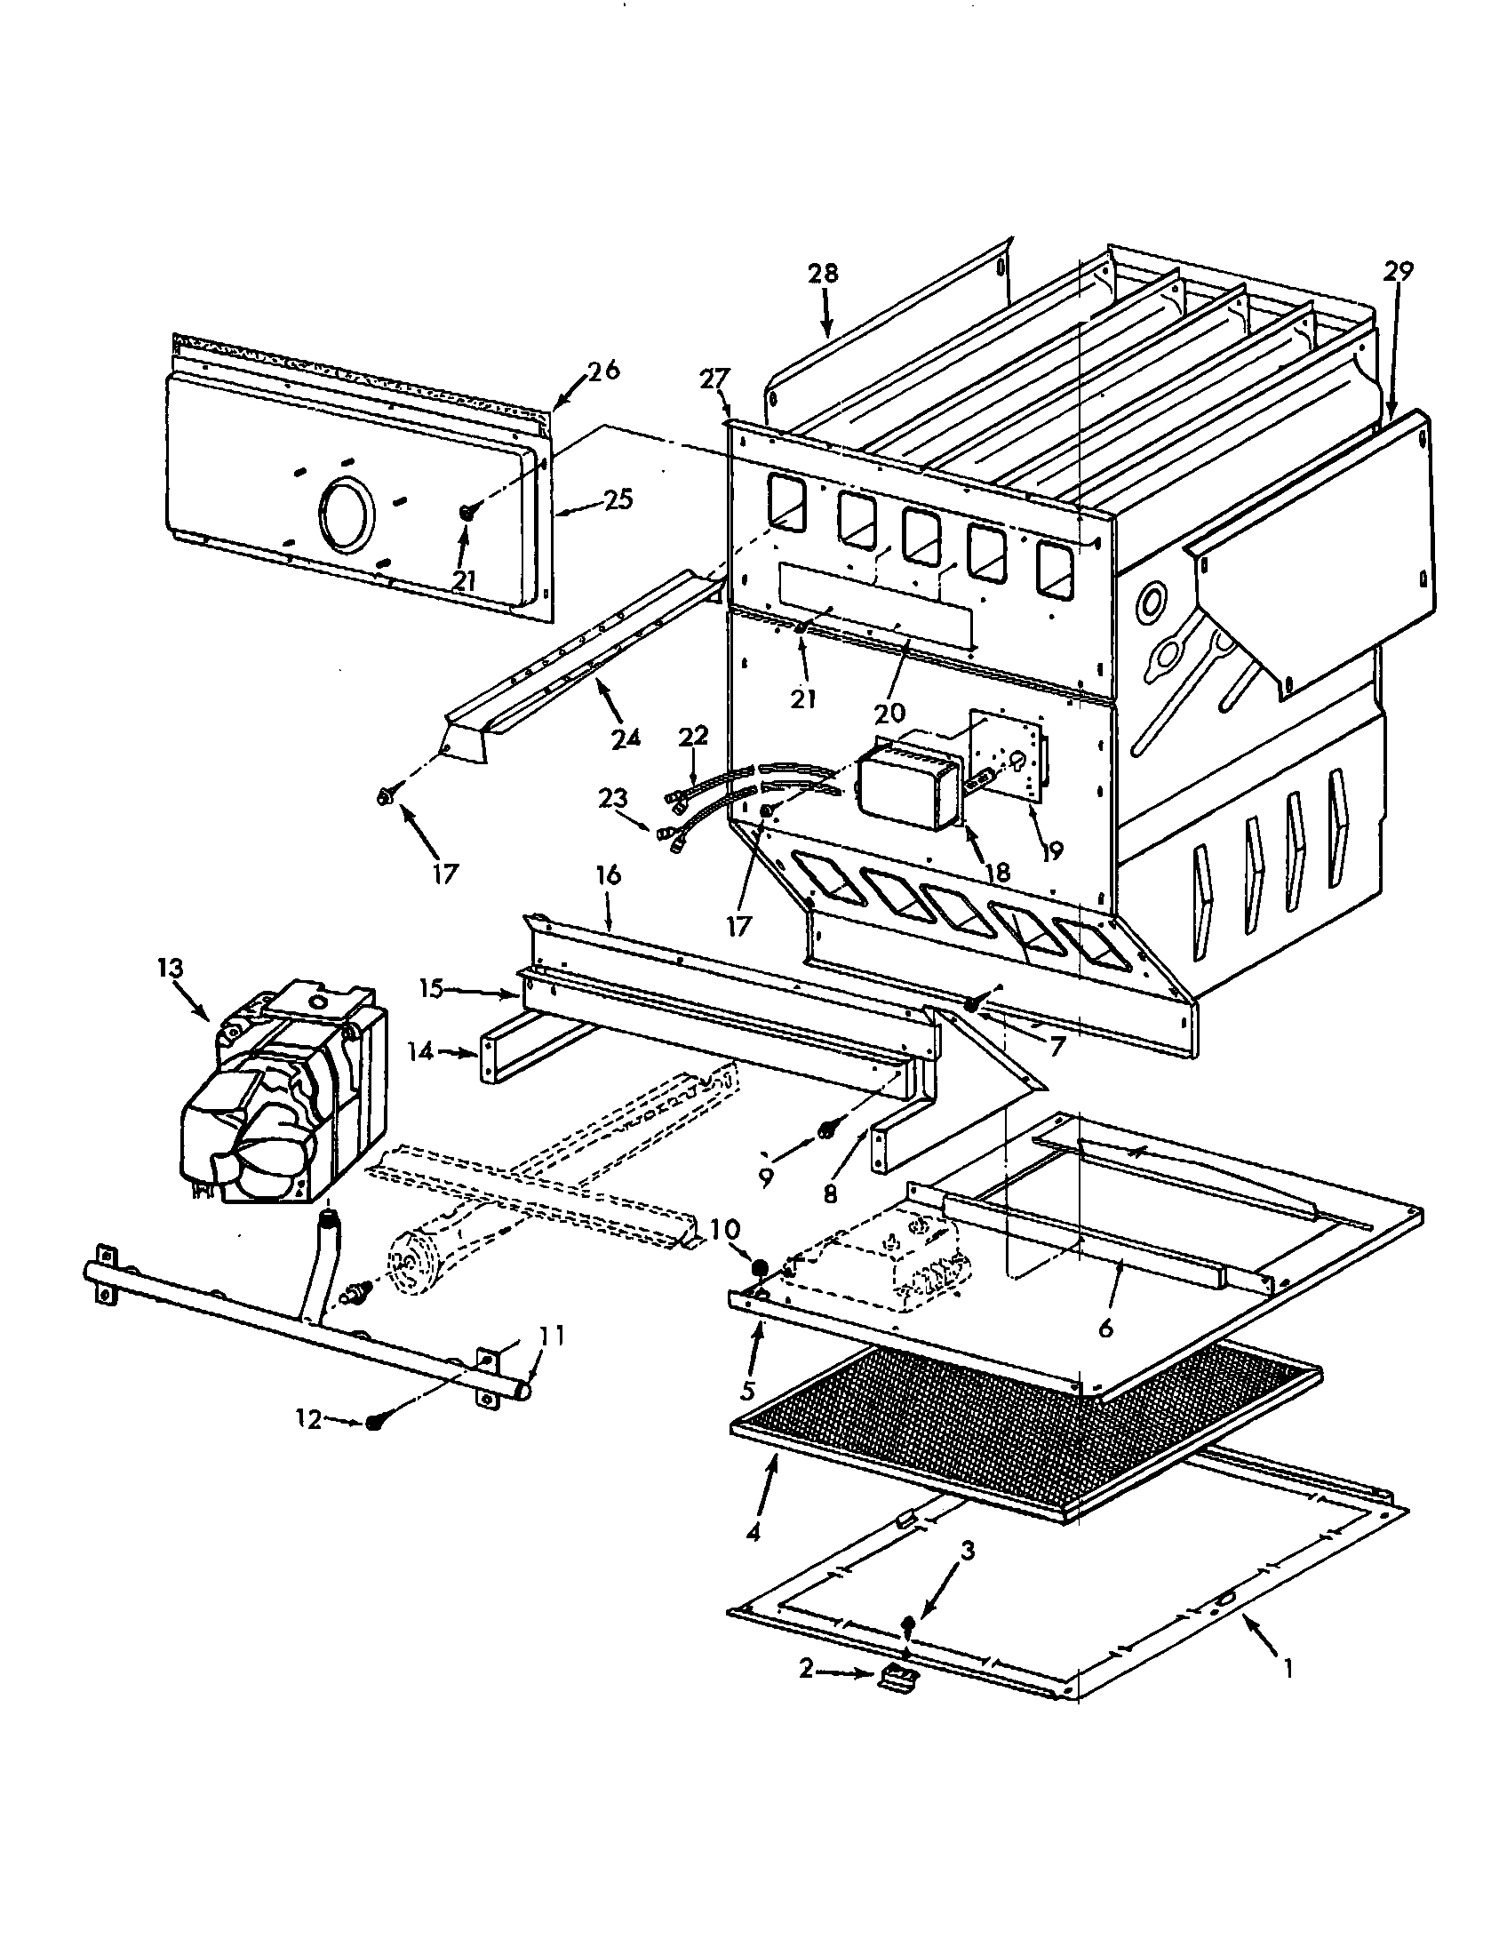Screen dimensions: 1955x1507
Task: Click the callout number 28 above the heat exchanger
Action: (x=823, y=273)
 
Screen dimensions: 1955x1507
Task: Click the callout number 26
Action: (x=604, y=370)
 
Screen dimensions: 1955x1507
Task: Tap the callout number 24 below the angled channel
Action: (x=626, y=738)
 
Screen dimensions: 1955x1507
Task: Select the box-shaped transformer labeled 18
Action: (x=908, y=786)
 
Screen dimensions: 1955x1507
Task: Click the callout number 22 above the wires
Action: (x=693, y=737)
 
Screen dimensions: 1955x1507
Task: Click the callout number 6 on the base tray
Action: (x=1106, y=1329)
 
